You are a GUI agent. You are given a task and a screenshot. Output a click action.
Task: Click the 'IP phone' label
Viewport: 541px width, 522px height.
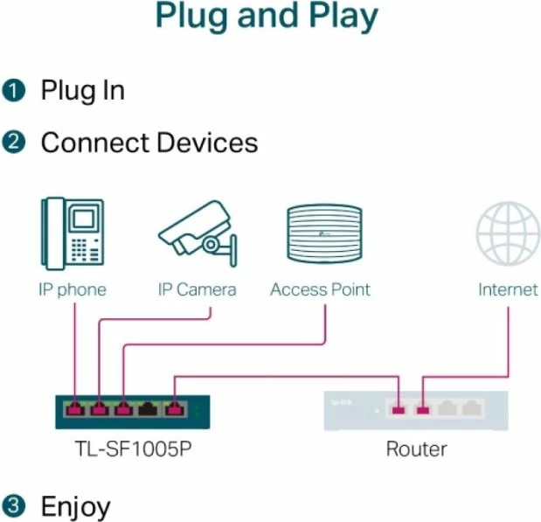[x=72, y=289]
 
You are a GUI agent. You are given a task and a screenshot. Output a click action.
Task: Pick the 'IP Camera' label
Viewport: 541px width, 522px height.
[x=197, y=289]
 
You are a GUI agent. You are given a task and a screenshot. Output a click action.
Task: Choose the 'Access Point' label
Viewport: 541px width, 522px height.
[x=320, y=289]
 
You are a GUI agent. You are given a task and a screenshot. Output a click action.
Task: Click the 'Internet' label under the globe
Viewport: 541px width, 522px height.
[x=507, y=289]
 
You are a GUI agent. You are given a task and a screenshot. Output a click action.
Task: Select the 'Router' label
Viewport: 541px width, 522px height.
[x=416, y=449]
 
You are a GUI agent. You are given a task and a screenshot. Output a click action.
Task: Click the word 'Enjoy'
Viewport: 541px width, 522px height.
[x=76, y=507]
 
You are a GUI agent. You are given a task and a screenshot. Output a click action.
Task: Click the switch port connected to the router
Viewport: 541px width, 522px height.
[x=176, y=407]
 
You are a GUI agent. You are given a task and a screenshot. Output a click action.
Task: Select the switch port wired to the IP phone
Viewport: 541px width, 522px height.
[x=76, y=407]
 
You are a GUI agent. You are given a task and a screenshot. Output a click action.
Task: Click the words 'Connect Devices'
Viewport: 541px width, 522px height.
[x=149, y=143]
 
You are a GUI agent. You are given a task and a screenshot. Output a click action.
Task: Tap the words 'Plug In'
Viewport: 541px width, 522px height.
[x=82, y=91]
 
